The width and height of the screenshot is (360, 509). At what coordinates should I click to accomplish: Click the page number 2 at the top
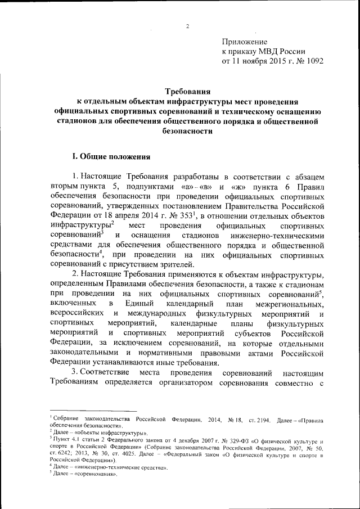[188, 26]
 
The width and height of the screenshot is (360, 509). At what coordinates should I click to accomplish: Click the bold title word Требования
[187, 93]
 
